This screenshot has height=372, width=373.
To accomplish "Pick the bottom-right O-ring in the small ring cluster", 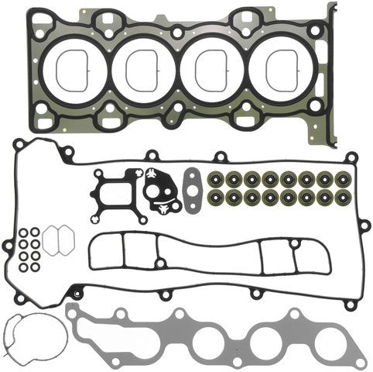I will click(x=35, y=267).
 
